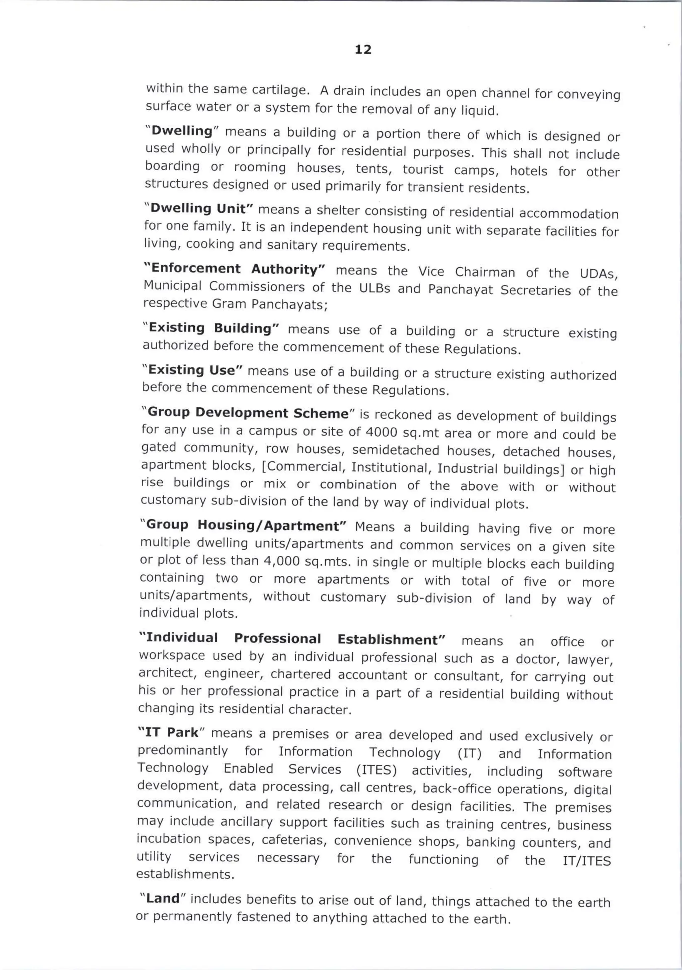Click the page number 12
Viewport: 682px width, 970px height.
pos(363,50)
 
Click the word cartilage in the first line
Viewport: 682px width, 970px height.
pos(279,90)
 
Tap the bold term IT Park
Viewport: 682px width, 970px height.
pos(171,732)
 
